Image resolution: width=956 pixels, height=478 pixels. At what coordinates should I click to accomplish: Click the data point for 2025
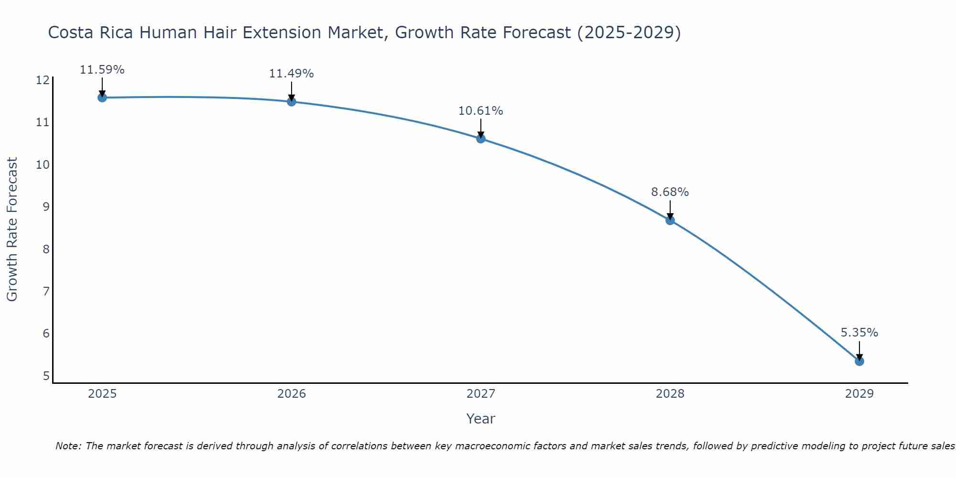click(x=102, y=98)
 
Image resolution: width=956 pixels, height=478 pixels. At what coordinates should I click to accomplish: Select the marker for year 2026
click(x=292, y=101)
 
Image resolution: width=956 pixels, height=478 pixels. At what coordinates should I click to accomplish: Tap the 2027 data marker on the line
click(x=481, y=139)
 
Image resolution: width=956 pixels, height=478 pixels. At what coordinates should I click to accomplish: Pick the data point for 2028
click(x=670, y=220)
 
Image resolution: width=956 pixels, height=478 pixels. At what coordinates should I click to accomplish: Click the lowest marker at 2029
click(x=859, y=361)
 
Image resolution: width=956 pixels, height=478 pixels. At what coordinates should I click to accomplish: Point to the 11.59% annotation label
click(x=102, y=70)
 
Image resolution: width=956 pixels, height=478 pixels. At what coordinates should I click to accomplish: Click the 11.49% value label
click(x=292, y=74)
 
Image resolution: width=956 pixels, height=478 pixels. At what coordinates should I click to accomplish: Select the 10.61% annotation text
click(x=481, y=111)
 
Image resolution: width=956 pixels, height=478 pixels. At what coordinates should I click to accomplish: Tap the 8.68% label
click(x=670, y=192)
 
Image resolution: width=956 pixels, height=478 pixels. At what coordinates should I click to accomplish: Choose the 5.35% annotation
click(x=859, y=333)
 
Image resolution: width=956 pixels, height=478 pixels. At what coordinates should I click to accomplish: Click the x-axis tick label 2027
click(x=481, y=394)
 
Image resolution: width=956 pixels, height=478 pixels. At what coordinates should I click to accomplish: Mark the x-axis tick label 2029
click(x=859, y=394)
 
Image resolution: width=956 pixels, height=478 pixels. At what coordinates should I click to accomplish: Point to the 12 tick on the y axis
click(x=43, y=80)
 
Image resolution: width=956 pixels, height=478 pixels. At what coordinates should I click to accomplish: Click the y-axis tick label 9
click(x=46, y=207)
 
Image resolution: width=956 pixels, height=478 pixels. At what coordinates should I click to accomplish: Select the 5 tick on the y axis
click(x=46, y=376)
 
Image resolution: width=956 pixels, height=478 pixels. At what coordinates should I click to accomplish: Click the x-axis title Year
click(x=481, y=419)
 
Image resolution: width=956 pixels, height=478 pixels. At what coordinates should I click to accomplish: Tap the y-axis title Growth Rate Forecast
click(x=12, y=229)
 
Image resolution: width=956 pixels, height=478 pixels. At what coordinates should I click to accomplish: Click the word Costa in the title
click(x=71, y=33)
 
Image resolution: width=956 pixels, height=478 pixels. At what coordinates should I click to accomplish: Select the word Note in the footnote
click(x=68, y=446)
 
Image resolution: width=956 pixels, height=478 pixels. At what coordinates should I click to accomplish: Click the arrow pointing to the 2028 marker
click(x=670, y=209)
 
